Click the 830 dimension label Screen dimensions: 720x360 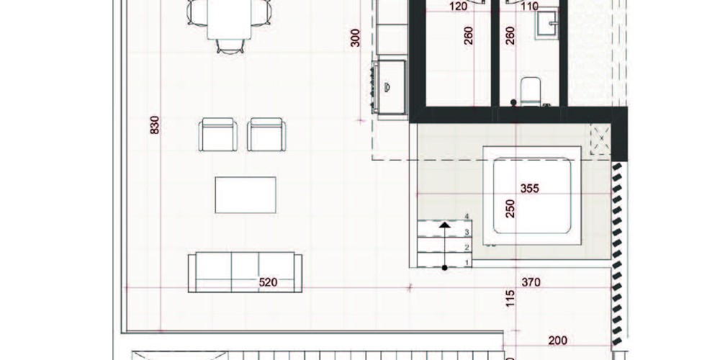pos(155,125)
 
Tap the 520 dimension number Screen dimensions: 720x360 pos(268,282)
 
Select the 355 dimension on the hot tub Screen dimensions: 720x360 pos(529,188)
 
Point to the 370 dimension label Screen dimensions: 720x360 pos(531,282)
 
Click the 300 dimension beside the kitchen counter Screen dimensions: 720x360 pos(356,37)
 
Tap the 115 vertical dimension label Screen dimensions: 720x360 pos(510,299)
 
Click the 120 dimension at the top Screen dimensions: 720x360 pos(458,6)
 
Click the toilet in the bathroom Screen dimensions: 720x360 pos(531,92)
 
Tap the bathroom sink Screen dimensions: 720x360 pos(547,23)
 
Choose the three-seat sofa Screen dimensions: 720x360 pos(246,272)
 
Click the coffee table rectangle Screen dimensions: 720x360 pos(246,195)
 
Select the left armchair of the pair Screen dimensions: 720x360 pos(218,135)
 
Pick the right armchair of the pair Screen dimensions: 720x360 pos(266,135)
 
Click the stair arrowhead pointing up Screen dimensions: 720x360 pos(444,225)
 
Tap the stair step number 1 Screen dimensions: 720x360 pos(467,263)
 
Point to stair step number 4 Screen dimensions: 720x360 pos(467,216)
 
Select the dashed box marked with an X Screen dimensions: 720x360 pos(600,139)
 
